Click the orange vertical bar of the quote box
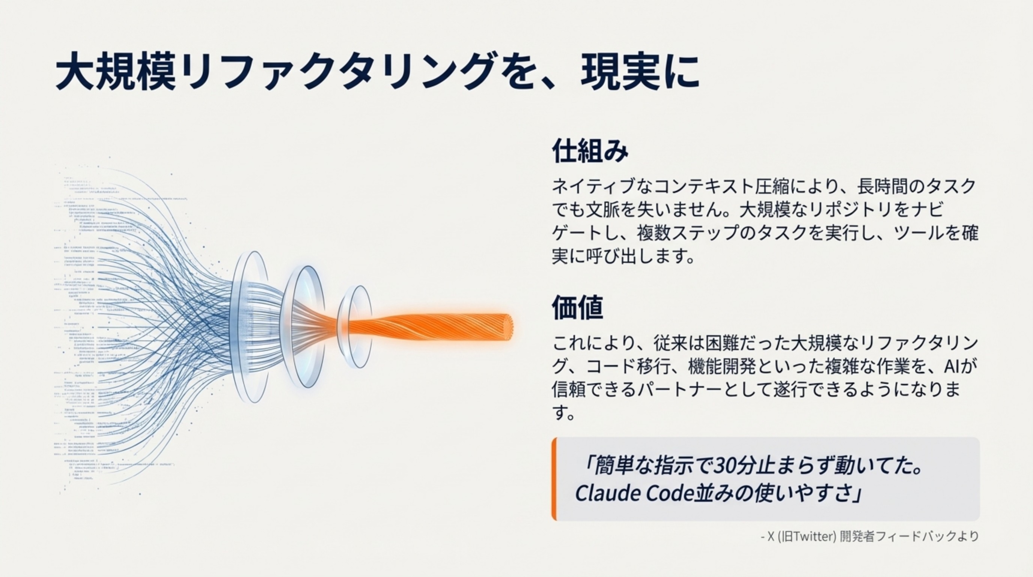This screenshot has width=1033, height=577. pyautogui.click(x=554, y=479)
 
